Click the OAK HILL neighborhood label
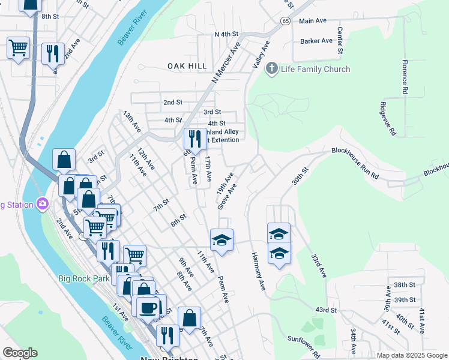tap(187, 66)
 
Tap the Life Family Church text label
tap(316, 69)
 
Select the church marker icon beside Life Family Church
tap(273, 68)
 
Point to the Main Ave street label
tap(313, 20)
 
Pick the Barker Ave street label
tap(316, 41)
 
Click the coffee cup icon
tap(148, 308)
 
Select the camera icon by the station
tap(42, 204)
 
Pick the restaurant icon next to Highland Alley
tap(194, 139)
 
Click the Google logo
tap(20, 353)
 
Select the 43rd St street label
tap(326, 310)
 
